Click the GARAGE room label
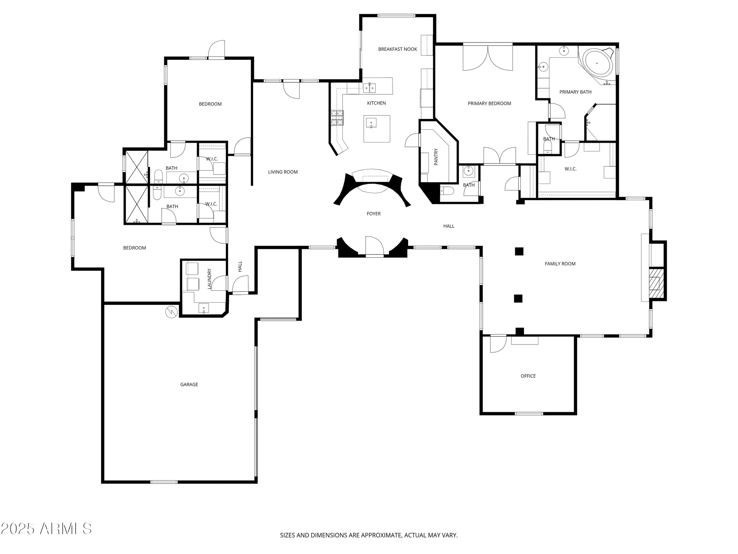(189, 384)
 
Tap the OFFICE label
(528, 376)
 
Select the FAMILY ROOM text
(560, 264)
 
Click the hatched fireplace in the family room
(654, 283)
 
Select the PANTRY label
(436, 157)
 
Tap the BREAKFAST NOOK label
(397, 49)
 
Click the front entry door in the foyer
(374, 246)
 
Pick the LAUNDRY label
(209, 278)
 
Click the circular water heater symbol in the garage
(171, 312)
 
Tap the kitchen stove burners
(337, 117)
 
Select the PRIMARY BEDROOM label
(489, 103)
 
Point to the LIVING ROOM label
(283, 172)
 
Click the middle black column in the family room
(518, 298)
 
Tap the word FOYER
(373, 213)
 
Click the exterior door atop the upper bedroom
(217, 50)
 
